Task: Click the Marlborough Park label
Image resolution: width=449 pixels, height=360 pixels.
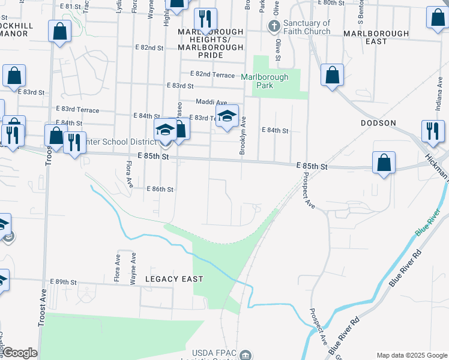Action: pyautogui.click(x=265, y=81)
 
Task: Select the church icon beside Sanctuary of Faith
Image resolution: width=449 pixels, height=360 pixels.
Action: pyautogui.click(x=274, y=26)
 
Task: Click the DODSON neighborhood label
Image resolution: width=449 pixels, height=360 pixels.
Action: pyautogui.click(x=378, y=123)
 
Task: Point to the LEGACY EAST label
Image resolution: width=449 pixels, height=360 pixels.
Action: pyautogui.click(x=174, y=279)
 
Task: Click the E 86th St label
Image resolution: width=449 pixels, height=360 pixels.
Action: pyautogui.click(x=160, y=189)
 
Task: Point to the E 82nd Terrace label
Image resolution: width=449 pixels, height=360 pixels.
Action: pyautogui.click(x=212, y=74)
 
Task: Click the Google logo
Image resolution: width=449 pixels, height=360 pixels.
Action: pyautogui.click(x=20, y=353)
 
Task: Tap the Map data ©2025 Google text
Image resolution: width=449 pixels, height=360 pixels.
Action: pyautogui.click(x=412, y=355)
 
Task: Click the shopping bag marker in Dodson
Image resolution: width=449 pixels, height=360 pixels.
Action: pyautogui.click(x=384, y=163)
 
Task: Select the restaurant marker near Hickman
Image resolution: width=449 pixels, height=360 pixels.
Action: pyautogui.click(x=432, y=131)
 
